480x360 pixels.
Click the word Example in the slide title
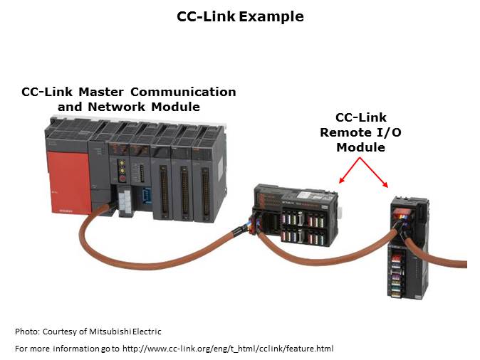point(271,16)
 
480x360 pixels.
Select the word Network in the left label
point(117,107)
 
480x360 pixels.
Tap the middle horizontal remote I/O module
point(299,213)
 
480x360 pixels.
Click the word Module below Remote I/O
point(360,147)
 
